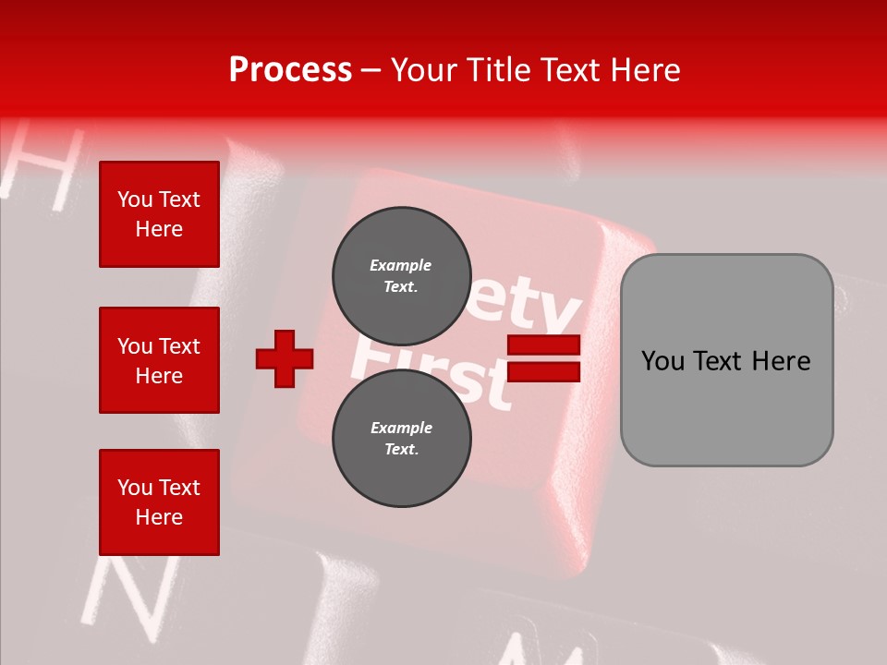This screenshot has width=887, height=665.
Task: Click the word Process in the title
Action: point(290,70)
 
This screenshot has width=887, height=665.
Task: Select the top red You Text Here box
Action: point(159,214)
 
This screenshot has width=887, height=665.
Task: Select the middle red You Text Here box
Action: point(159,360)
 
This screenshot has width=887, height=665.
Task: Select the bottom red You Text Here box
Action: point(159,502)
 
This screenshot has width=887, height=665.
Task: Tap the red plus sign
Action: point(285,358)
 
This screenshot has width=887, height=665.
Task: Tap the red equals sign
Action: point(543,358)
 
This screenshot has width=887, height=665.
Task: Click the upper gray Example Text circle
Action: point(401,275)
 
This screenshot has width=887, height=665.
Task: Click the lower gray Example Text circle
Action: point(401,438)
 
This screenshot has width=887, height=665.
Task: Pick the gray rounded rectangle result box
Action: point(726,360)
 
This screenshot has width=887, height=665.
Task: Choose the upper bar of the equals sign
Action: point(543,345)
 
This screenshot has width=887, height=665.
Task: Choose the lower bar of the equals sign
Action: point(543,372)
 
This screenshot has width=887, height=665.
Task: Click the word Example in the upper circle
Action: point(401,265)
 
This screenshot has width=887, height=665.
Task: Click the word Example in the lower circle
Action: point(401,428)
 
